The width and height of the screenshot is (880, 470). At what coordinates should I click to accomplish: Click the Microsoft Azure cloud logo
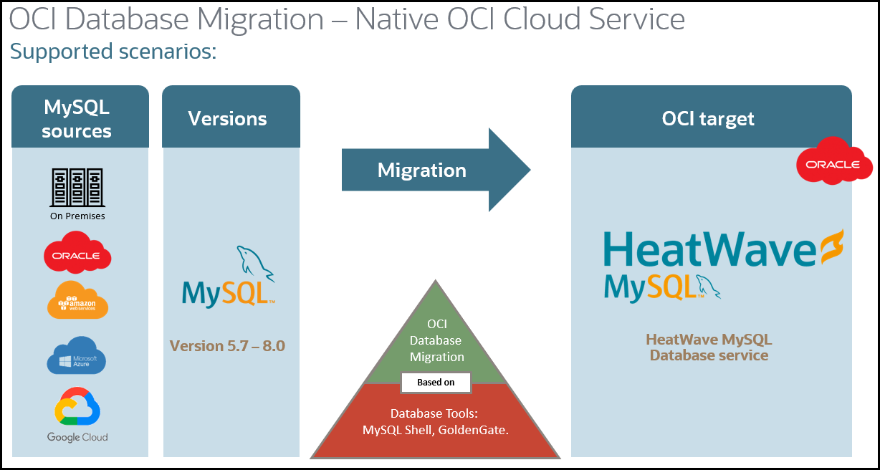pos(77,355)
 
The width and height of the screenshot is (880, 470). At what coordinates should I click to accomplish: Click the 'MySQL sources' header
pos(77,119)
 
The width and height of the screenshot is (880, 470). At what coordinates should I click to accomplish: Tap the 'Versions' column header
pos(227,118)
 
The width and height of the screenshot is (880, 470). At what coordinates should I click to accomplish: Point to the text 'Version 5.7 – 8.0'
pos(227,346)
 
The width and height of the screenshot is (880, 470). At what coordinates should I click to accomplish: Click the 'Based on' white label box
pos(436,382)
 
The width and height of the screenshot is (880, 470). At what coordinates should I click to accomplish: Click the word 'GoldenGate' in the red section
pos(477,431)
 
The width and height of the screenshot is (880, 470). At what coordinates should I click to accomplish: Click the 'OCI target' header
pos(708,118)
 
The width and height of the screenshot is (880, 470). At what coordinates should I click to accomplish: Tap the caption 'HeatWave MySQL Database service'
pos(709,347)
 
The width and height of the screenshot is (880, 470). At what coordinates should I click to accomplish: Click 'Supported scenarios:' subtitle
pos(113,52)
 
